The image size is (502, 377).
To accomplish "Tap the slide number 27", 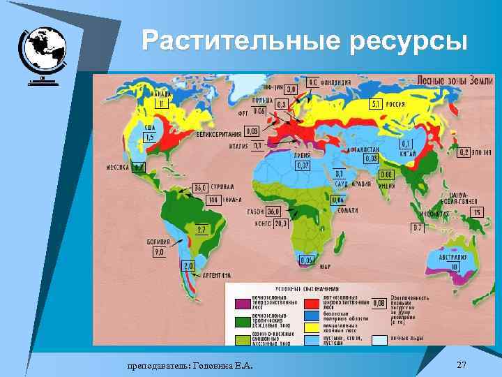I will click(x=461, y=365).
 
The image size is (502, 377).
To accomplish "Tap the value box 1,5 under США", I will click(x=149, y=138).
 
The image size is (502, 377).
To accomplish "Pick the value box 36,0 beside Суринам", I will click(x=201, y=188).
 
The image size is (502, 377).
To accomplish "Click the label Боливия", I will click(x=158, y=242).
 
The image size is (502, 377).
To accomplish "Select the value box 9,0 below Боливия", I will click(x=159, y=252).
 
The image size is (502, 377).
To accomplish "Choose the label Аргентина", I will click(x=218, y=276).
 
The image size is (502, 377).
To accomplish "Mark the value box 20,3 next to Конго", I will click(x=280, y=224).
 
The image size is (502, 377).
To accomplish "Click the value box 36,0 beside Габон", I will click(x=273, y=212).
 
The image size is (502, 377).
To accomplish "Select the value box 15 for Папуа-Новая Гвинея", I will click(x=477, y=212).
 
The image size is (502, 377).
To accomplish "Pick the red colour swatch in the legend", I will click(x=312, y=304).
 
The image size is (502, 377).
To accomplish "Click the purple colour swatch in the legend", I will click(x=243, y=304).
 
